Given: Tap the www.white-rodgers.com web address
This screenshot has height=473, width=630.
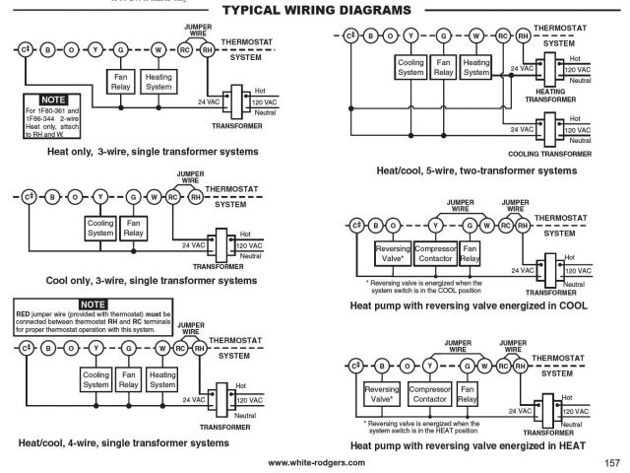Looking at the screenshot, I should pos(315,462).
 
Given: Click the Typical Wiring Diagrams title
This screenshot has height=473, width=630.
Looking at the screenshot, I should pos(316,10).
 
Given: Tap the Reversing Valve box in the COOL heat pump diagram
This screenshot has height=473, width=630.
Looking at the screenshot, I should pos(392,254).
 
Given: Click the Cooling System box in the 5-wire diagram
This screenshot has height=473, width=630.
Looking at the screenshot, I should pos(411,67).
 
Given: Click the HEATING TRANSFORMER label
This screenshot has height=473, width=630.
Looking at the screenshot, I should pos(551,95).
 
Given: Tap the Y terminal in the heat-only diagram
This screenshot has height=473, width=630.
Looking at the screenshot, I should pos(94,48).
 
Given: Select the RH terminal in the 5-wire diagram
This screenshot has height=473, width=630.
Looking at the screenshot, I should pos(523,35).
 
